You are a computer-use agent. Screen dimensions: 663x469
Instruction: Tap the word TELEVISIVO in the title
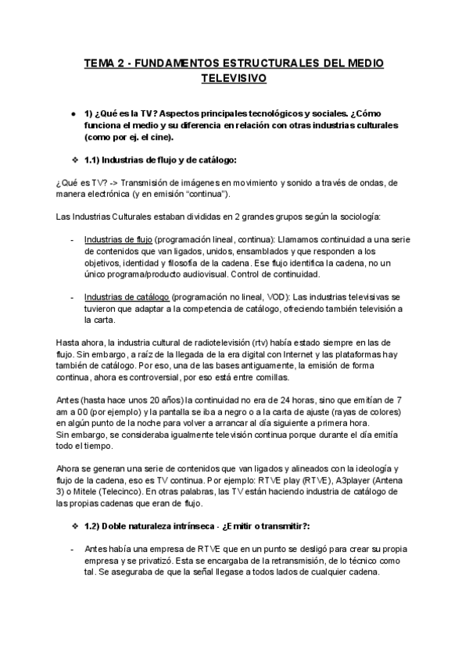point(234,79)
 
